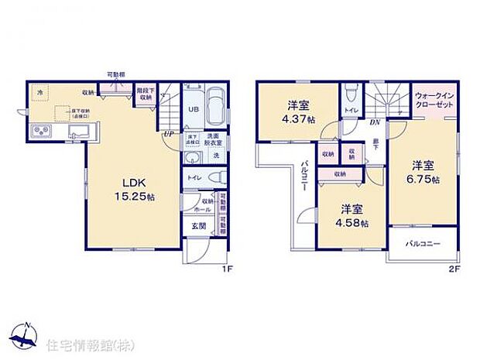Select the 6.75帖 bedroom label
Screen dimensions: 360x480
[423, 172]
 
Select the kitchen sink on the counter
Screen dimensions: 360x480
[75, 135]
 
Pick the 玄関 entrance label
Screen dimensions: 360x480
[198, 226]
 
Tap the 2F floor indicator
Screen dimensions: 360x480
[454, 270]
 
